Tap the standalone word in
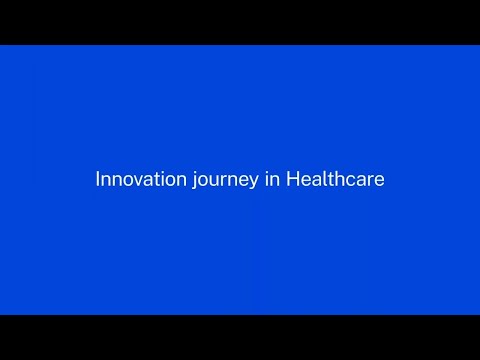tap(272, 180)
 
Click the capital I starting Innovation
tap(97, 180)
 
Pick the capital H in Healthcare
tap(292, 180)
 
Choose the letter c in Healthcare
tap(350, 181)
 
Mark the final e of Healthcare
tap(379, 181)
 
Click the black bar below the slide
tap(240, 337)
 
